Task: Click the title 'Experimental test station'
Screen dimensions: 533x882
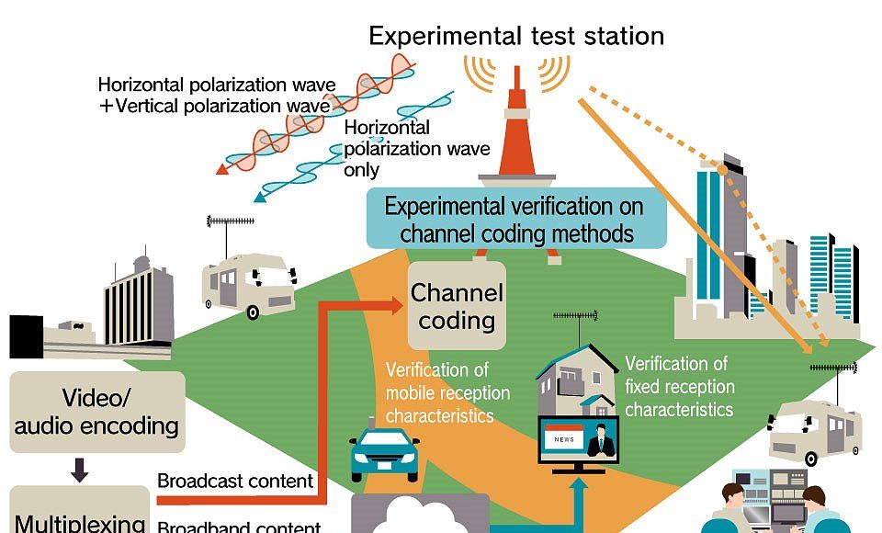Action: click(x=515, y=36)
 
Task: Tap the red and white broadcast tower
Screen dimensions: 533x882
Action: click(x=516, y=138)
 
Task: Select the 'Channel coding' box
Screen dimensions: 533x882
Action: click(x=457, y=306)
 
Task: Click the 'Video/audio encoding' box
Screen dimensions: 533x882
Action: click(x=96, y=412)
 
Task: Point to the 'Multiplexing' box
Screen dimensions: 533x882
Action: click(x=79, y=517)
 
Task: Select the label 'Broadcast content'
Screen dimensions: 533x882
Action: click(x=235, y=481)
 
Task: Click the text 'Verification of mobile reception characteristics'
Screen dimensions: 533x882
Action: click(x=447, y=393)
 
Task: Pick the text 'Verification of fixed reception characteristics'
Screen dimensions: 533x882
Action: click(x=678, y=386)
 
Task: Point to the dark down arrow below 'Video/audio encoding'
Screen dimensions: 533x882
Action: click(x=80, y=471)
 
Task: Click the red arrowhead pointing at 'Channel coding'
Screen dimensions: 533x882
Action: click(x=398, y=303)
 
